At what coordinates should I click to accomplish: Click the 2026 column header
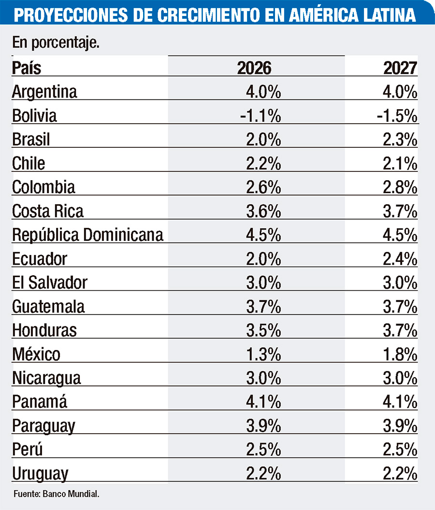254,68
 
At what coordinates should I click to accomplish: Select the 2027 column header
400,68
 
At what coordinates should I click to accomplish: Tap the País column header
27,68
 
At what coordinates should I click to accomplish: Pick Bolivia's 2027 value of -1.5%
398,116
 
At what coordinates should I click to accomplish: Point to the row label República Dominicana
87,235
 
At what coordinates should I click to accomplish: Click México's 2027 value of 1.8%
400,354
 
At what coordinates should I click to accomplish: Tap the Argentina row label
44,92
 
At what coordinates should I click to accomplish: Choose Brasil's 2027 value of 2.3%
400,140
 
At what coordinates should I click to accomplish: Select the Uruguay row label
40,474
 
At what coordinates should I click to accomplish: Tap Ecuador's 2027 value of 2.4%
400,259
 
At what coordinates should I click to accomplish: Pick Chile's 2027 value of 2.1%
400,164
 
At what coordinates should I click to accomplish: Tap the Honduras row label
44,330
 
